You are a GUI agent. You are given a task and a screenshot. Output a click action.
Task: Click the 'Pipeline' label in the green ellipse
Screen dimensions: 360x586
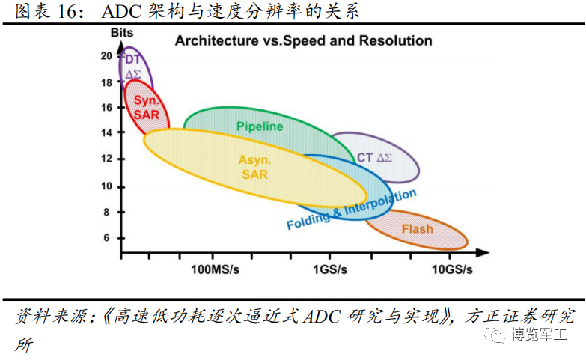pyautogui.click(x=260, y=126)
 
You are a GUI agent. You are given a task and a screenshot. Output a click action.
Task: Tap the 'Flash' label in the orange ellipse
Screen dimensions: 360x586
pyautogui.click(x=417, y=228)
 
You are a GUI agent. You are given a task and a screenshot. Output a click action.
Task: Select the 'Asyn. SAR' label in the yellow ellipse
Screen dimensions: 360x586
pyautogui.click(x=254, y=167)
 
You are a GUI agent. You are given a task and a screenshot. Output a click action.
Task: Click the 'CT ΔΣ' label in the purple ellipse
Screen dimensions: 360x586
pyautogui.click(x=375, y=157)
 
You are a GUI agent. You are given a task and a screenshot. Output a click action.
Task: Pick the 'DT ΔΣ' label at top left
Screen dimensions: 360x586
pyautogui.click(x=133, y=67)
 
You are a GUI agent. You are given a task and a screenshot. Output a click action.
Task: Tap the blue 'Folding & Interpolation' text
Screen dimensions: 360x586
pyautogui.click(x=351, y=210)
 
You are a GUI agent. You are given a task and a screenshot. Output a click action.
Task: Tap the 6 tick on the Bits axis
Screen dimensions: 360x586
pyautogui.click(x=106, y=237)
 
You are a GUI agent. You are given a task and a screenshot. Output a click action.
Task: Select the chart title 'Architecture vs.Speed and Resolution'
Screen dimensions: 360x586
pyautogui.click(x=303, y=40)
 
